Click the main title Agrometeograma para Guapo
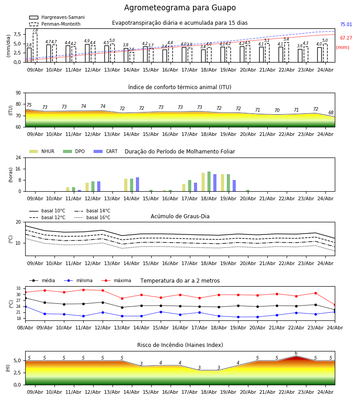pos(180,8)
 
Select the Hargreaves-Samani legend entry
pos(57,17)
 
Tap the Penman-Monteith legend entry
pos(55,24)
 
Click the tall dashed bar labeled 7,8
pos(35,48)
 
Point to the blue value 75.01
pos(346,25)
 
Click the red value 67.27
pos(346,38)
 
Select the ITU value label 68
pos(331,112)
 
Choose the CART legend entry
pos(105,151)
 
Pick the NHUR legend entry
pos(42,151)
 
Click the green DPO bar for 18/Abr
pos(209,182)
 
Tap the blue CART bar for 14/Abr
pos(137,184)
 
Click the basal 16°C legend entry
pos(92,217)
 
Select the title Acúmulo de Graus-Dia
pos(180,216)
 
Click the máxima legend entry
pos(116,280)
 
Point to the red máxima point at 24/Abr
pos(335,305)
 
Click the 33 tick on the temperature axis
pos(18,288)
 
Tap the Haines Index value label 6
pos(296,353)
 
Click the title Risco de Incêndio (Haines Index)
pos(180,345)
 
